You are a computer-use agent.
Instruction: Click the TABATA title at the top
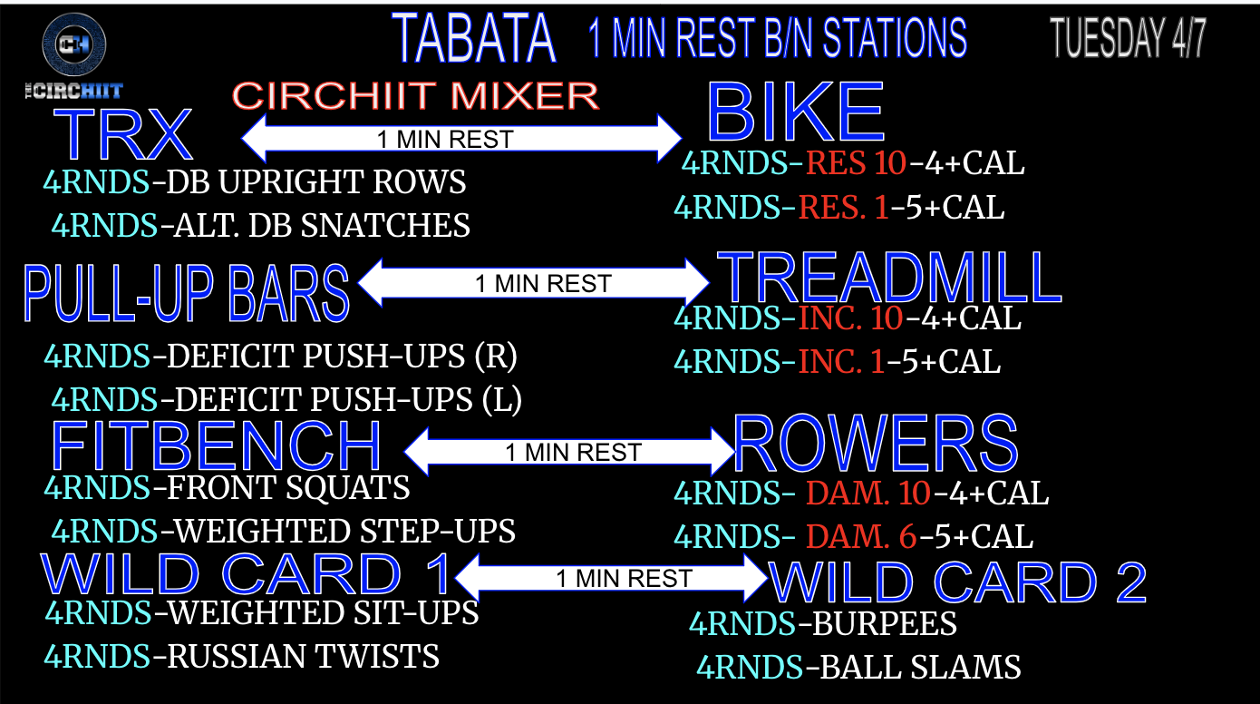point(475,39)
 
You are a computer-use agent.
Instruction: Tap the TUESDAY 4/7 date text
point(1129,37)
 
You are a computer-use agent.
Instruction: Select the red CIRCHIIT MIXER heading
point(416,95)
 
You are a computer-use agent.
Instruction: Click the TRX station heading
point(123,134)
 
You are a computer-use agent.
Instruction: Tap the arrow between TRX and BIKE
point(460,139)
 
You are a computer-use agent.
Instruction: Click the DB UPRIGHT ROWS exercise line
point(255,182)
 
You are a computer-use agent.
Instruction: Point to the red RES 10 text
point(856,163)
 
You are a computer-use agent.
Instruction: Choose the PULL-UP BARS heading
point(187,293)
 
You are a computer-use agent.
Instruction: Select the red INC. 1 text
point(840,362)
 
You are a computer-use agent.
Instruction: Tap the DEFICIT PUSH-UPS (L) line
point(286,399)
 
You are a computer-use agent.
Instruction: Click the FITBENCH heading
point(216,445)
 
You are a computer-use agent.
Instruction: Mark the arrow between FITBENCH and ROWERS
point(570,451)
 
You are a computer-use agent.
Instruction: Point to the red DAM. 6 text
point(861,537)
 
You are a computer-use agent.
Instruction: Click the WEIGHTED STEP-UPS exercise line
point(283,531)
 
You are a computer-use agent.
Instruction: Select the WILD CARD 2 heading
point(958,582)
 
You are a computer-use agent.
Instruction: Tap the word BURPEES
point(885,624)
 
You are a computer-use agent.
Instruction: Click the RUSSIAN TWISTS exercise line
point(242,656)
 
